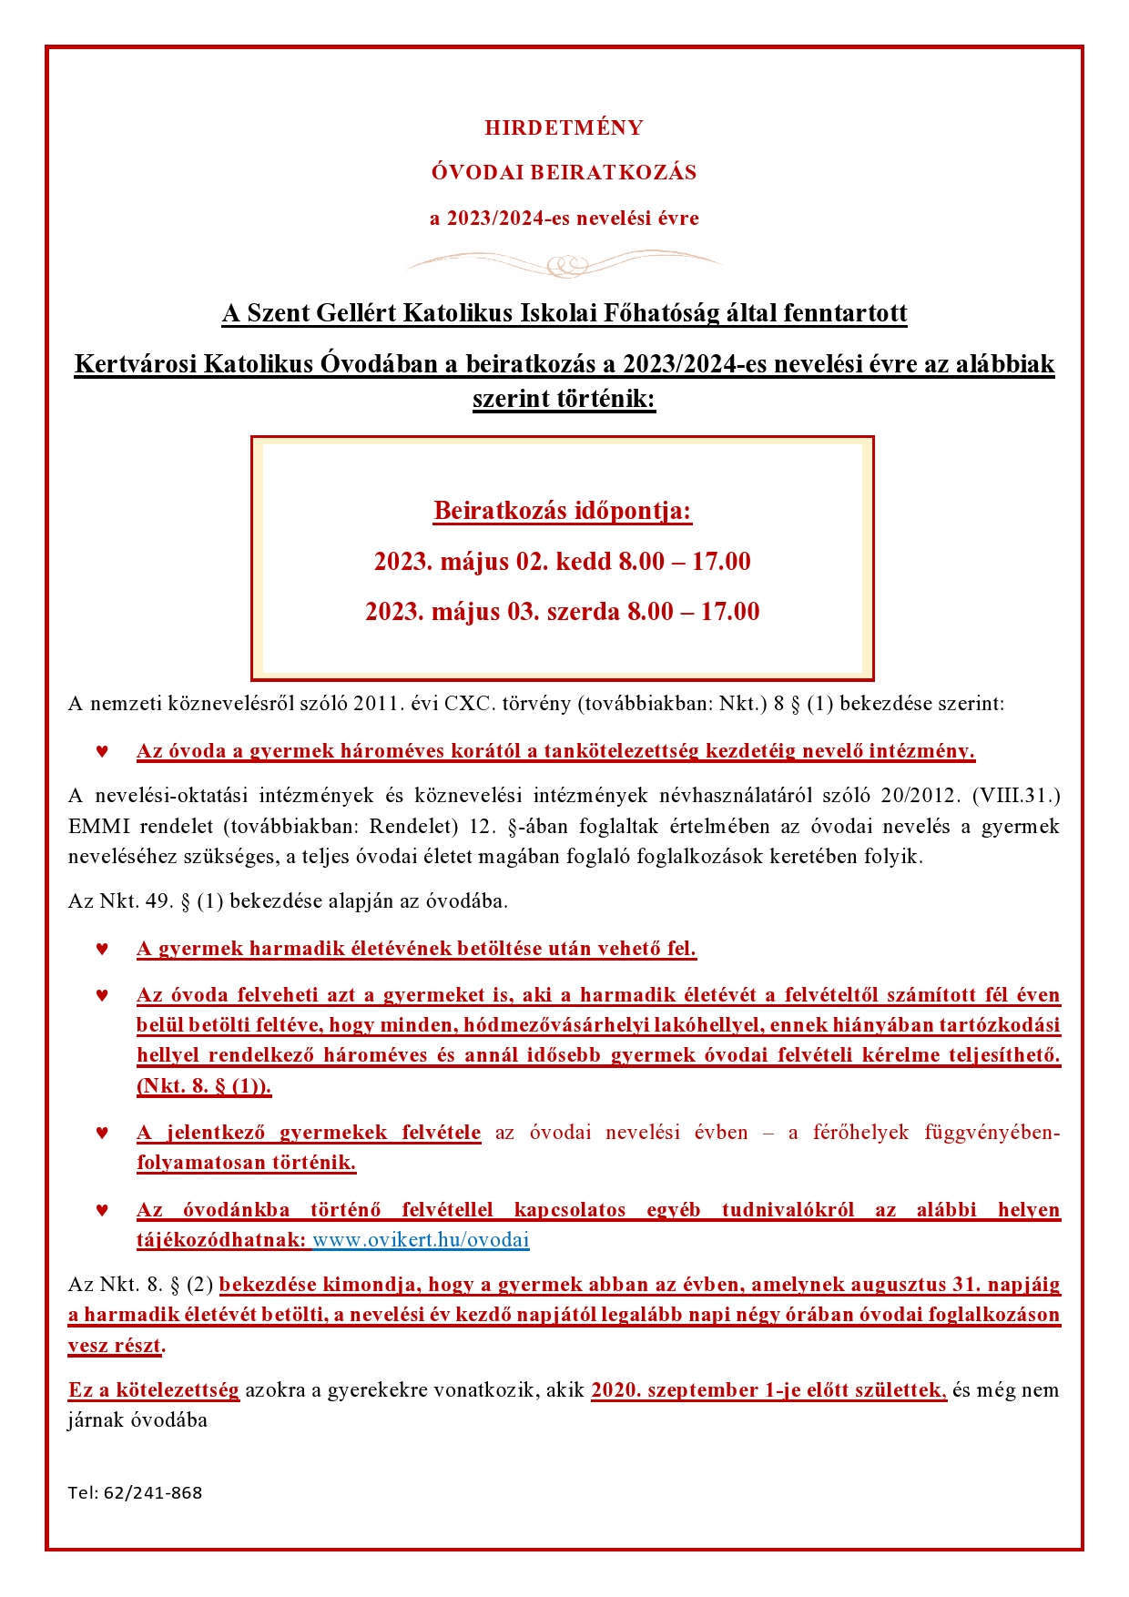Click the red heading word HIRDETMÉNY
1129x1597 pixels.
pyautogui.click(x=564, y=127)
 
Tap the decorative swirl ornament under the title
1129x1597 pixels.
pyautogui.click(x=564, y=265)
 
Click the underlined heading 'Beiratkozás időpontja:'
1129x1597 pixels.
pyautogui.click(x=563, y=511)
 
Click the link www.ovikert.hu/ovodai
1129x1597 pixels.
pyautogui.click(x=421, y=1239)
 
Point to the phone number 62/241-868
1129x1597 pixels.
pyautogui.click(x=153, y=1492)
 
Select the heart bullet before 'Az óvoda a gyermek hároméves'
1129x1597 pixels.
pyautogui.click(x=102, y=752)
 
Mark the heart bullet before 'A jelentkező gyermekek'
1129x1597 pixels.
pyautogui.click(x=102, y=1134)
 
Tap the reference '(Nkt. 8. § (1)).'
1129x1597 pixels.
pyautogui.click(x=204, y=1085)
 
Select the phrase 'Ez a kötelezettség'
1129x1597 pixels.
pyautogui.click(x=154, y=1389)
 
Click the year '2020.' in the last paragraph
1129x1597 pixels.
pyautogui.click(x=616, y=1389)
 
